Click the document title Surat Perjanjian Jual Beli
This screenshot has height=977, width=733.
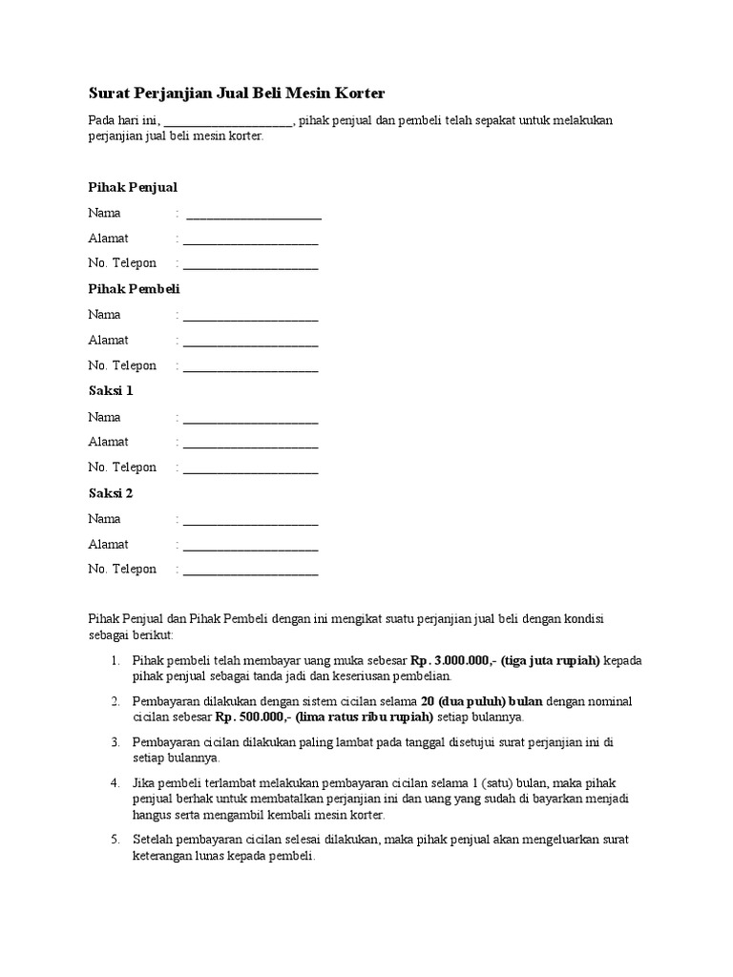point(237,93)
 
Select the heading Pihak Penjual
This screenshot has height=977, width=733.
point(133,187)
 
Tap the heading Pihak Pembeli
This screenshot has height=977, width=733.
point(134,288)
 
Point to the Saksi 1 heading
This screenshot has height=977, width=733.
point(111,390)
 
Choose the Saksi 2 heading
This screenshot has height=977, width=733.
point(111,492)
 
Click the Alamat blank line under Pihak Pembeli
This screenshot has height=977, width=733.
point(251,343)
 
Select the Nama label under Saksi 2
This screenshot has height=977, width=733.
point(105,518)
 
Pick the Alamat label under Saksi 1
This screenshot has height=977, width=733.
point(108,442)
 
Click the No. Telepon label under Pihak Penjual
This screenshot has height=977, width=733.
point(122,263)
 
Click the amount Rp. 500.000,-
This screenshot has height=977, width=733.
point(252,717)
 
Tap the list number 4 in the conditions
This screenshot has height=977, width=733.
point(115,782)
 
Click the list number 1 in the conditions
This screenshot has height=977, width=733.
point(115,660)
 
